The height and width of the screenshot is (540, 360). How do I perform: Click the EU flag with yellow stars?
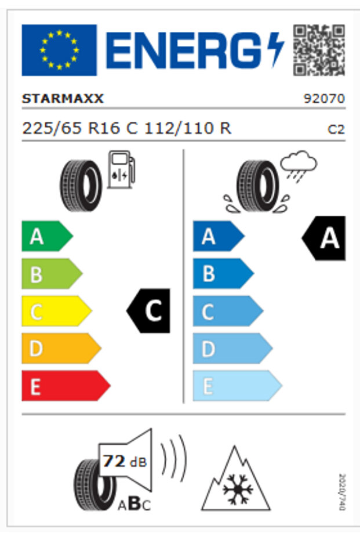59,50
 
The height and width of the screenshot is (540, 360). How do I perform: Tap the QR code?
319,50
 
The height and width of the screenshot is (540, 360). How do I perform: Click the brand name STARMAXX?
63,99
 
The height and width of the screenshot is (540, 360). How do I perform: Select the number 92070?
324,99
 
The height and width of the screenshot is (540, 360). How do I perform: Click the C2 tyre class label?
336,129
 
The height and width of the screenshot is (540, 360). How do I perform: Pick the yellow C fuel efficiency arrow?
56,311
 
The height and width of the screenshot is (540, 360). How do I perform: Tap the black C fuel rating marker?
150,311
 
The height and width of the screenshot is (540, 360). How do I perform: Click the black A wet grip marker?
325,238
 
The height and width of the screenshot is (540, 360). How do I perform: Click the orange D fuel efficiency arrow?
60,349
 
